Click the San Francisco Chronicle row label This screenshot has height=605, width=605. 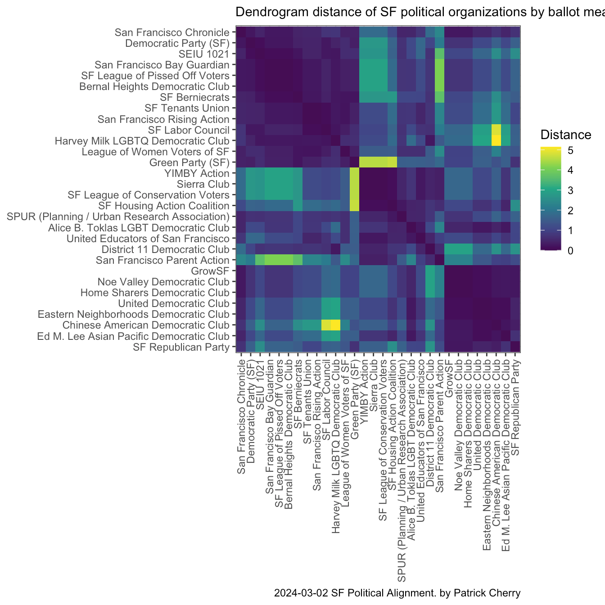pyautogui.click(x=172, y=32)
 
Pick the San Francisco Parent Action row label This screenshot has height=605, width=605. pyautogui.click(x=163, y=260)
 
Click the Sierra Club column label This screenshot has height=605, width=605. pyautogui.click(x=374, y=378)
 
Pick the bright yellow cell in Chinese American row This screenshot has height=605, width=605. pyautogui.click(x=335, y=325)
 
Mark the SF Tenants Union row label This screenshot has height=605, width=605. pyautogui.click(x=187, y=108)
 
